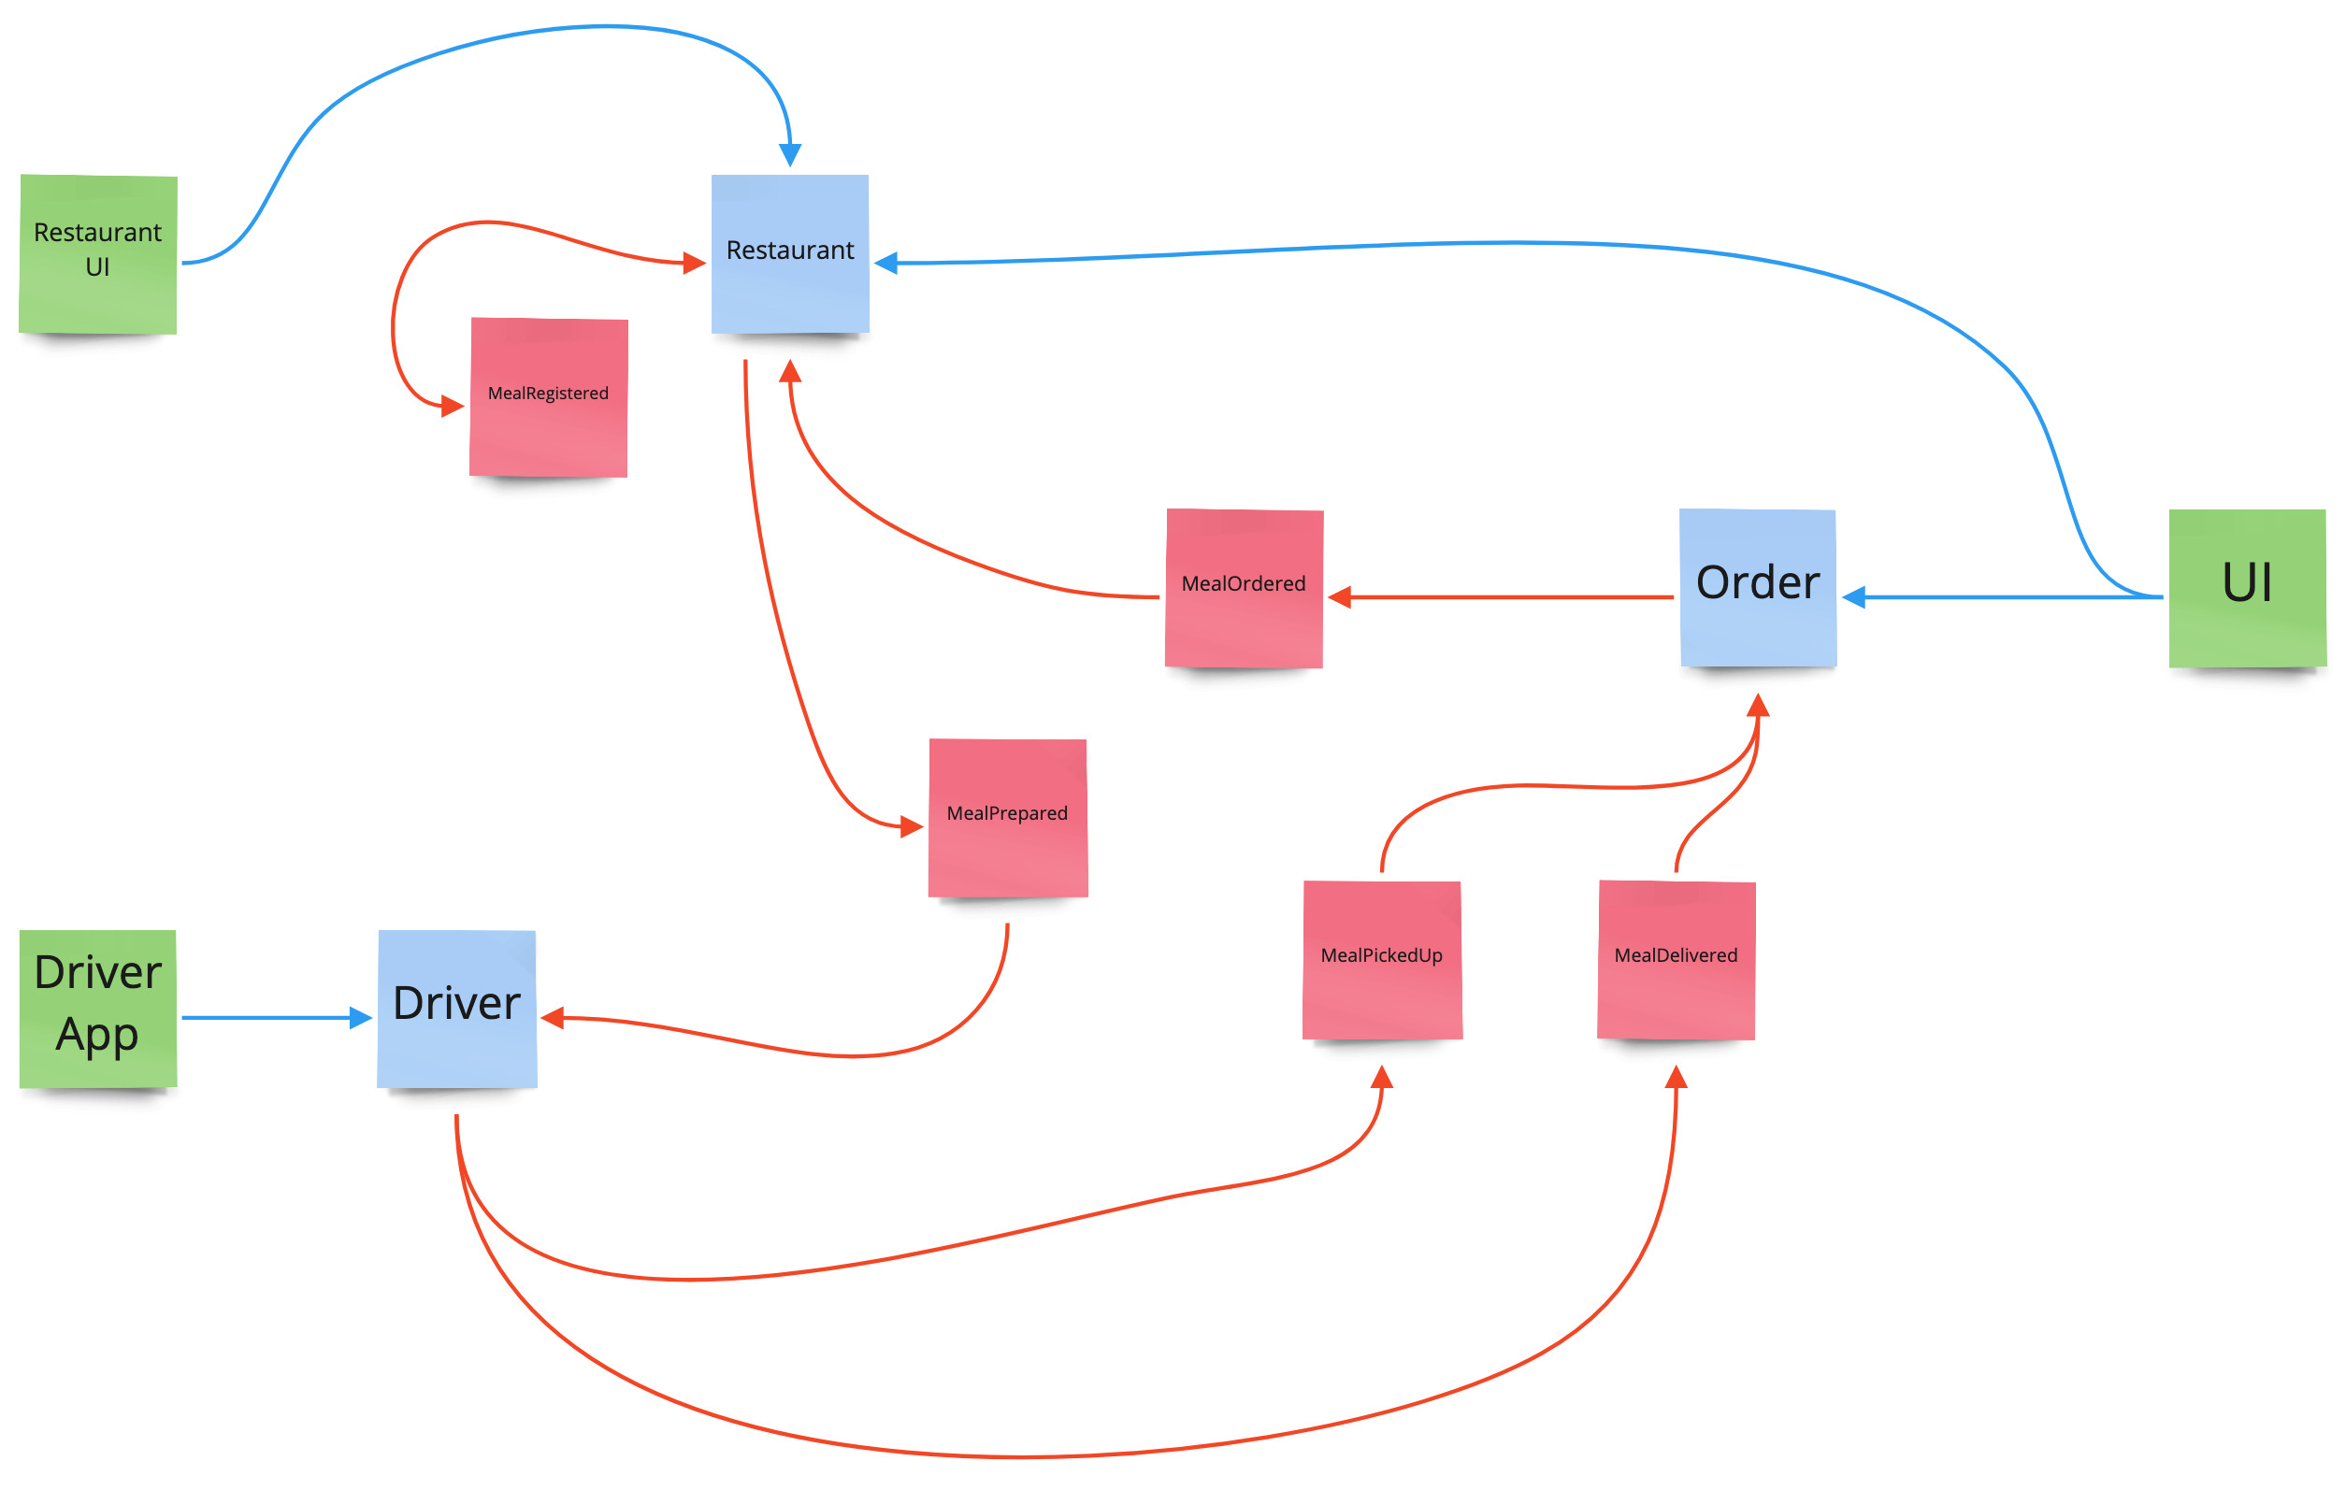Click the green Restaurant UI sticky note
97,254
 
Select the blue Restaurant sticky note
790,253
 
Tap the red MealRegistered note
549,396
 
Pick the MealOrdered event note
1245,587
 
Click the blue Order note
1758,587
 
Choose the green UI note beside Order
2247,587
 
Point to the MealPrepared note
1007,817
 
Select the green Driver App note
97,1008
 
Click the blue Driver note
457,1008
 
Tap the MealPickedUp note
1381,959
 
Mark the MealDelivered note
1676,959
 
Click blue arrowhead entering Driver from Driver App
361,1018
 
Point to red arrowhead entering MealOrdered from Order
1341,597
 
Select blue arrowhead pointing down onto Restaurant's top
790,155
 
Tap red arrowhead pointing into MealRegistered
452,406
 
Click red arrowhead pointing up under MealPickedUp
1381,1077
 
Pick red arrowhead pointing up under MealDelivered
1676,1077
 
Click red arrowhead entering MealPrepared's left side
911,827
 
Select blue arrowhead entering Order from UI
1854,597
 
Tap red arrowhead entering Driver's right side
554,1018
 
